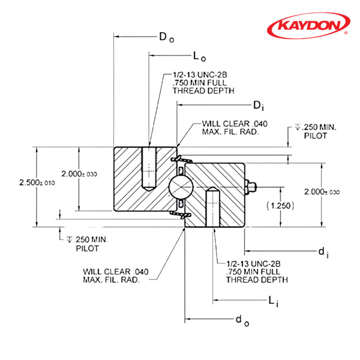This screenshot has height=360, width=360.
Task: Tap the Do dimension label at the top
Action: pyautogui.click(x=166, y=37)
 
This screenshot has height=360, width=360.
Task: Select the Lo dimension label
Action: pyautogui.click(x=199, y=58)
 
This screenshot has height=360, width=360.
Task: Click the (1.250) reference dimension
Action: pyautogui.click(x=280, y=205)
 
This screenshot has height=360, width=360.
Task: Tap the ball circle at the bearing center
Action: pyautogui.click(x=180, y=187)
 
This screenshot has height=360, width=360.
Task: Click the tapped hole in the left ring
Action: pyautogui.click(x=148, y=167)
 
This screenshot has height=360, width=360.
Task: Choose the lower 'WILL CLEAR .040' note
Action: pyautogui.click(x=114, y=275)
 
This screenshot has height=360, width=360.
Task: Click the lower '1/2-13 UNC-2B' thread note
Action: pyautogui.click(x=253, y=271)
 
